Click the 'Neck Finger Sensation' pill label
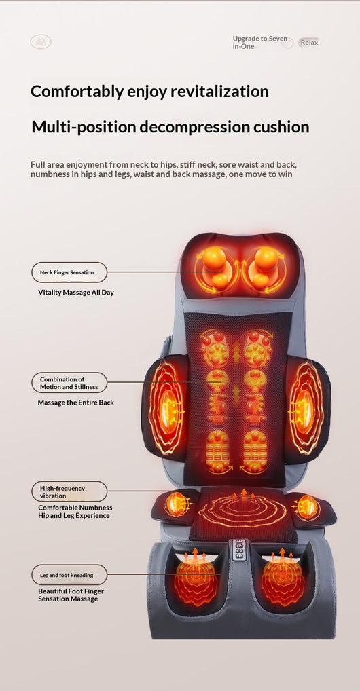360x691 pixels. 69,272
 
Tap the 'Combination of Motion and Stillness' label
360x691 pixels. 69,383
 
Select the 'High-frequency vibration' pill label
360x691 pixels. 69,492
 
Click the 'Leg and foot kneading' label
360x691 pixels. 69,575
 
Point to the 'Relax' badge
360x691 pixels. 309,43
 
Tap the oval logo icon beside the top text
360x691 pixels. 41,41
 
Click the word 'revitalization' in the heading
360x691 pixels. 219,91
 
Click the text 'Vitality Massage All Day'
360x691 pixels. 76,292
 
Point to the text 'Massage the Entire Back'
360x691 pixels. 76,403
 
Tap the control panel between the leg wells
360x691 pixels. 240,550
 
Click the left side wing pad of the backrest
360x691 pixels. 166,408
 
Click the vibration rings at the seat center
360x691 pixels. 242,511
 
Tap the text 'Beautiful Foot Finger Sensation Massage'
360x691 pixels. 71,595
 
